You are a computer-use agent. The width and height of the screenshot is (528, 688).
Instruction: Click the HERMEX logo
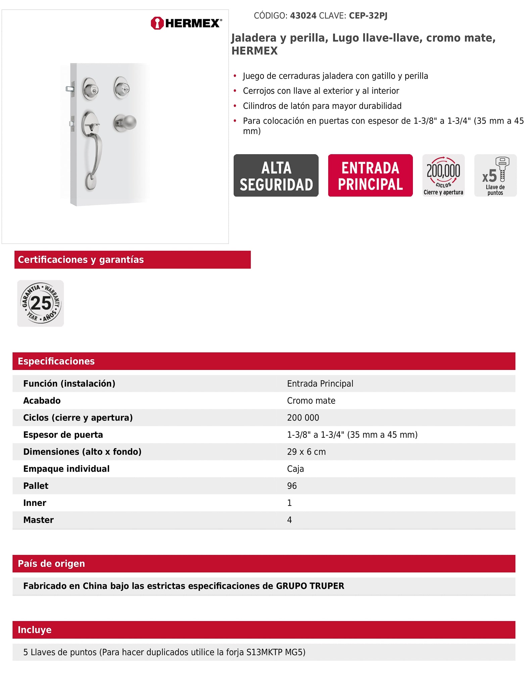point(186,23)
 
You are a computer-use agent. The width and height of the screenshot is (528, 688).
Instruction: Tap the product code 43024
point(303,16)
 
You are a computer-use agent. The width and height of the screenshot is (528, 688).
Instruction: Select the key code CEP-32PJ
point(368,16)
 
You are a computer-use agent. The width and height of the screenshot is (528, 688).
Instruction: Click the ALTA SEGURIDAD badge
point(276,176)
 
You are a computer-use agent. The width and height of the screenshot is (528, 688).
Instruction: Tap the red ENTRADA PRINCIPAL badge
point(370,176)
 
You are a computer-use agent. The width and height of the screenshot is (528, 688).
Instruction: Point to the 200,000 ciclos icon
point(443,176)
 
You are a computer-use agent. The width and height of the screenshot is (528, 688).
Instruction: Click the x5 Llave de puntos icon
point(495,176)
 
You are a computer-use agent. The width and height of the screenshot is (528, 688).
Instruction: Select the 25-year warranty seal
point(41,303)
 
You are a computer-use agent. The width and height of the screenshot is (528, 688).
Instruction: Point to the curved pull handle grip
point(97,151)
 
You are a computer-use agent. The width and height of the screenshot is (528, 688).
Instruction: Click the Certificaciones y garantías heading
point(81,260)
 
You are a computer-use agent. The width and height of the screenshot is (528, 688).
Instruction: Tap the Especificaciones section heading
point(56,361)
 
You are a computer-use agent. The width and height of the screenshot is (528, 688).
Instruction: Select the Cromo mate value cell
point(311,401)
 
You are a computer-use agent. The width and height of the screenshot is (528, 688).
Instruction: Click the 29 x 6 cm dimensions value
point(306,452)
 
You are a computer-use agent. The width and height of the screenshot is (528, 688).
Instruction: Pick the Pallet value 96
point(292,486)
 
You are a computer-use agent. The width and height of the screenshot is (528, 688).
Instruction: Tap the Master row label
point(38,520)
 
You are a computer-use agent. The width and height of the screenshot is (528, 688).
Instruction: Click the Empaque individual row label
point(66,469)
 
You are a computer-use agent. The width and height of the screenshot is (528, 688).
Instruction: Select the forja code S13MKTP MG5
point(276,652)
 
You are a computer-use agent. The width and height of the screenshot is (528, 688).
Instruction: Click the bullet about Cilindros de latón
point(322,106)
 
